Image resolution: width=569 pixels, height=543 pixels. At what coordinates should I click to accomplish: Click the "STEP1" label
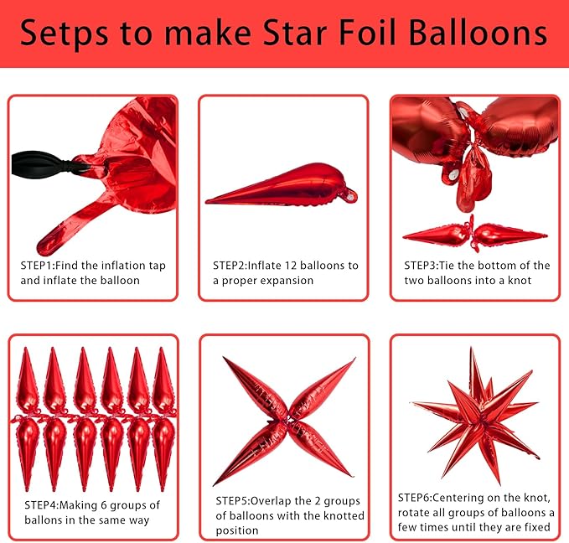point(39,266)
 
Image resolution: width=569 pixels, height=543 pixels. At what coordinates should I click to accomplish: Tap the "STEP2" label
point(231,266)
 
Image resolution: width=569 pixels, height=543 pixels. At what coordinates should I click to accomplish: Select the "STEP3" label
point(422,266)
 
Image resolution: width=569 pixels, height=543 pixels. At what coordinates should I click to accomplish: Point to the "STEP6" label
point(416,497)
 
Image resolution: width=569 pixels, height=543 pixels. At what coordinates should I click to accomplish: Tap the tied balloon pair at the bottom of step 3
point(473,233)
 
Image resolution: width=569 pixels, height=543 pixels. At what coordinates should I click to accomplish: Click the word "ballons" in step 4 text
point(44,520)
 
